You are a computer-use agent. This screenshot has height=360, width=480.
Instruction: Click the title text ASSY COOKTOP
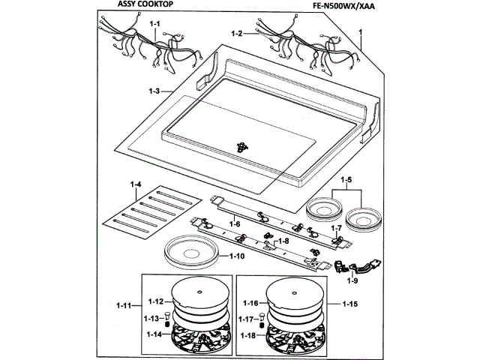[x=146, y=7]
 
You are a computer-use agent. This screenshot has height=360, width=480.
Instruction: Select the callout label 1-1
[x=155, y=25]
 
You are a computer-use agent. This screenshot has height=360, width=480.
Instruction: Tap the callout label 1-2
[x=238, y=34]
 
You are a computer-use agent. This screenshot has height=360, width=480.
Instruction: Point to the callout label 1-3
[x=155, y=92]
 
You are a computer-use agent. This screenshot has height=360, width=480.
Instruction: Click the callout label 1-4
[x=136, y=184]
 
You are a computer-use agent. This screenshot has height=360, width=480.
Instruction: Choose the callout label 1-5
[x=346, y=180]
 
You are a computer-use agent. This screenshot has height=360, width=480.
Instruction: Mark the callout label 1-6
[x=235, y=224]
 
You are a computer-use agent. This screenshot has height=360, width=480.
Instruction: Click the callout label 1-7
[x=337, y=227]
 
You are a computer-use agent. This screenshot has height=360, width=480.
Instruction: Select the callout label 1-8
[x=283, y=242]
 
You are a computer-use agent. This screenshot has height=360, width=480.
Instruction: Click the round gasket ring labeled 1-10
[x=192, y=253]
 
